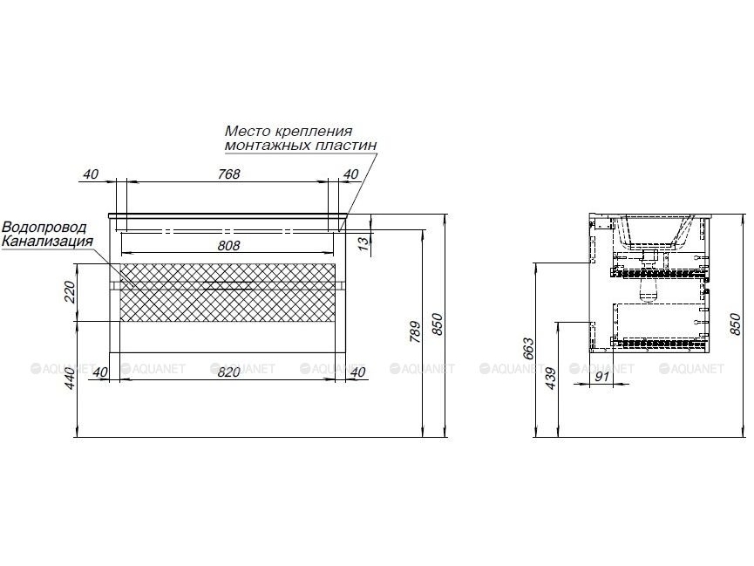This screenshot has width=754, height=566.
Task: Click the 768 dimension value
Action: (x=229, y=174)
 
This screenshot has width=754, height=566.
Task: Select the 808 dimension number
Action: (x=229, y=245)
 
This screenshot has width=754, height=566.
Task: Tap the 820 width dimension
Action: (x=229, y=372)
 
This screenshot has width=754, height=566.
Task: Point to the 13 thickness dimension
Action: (x=365, y=242)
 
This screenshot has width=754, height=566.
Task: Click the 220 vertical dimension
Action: (x=70, y=291)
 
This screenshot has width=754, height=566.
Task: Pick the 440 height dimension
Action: (x=70, y=378)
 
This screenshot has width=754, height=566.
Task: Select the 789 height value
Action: (x=415, y=331)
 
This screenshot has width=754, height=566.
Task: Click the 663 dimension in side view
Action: (x=528, y=350)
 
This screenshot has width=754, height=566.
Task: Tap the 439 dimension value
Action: (x=551, y=378)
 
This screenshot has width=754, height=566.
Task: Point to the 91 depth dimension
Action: (x=602, y=377)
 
